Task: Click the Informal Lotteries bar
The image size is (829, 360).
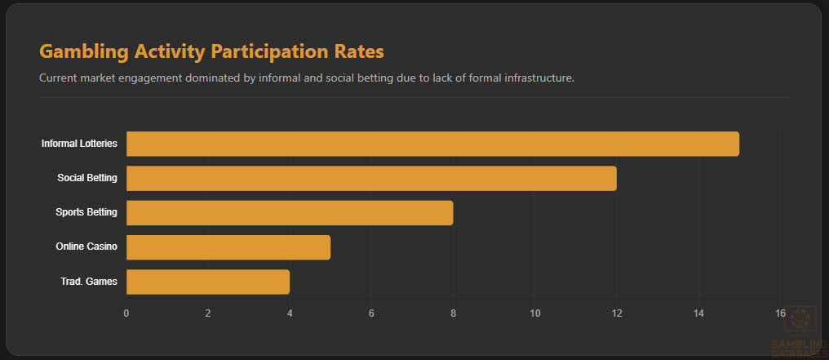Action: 432,144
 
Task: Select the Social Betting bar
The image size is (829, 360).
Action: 371,178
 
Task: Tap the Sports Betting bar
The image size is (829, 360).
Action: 290,213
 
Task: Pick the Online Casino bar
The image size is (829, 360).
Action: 228,247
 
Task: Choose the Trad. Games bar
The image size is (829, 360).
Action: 208,282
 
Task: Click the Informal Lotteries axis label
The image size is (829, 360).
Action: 80,144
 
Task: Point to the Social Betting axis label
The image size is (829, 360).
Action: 87,178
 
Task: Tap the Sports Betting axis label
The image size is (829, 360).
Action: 86,213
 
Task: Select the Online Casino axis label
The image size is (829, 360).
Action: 86,247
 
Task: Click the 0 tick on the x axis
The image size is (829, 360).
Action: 126,313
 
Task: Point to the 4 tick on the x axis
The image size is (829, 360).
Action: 290,313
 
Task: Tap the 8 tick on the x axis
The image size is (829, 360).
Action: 453,313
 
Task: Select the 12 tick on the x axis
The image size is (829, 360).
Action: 617,313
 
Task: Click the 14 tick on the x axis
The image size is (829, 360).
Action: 698,313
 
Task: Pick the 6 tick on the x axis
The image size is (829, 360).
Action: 371,313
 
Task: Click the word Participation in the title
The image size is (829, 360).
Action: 266,52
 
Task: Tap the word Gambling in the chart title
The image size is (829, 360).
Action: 83,52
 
